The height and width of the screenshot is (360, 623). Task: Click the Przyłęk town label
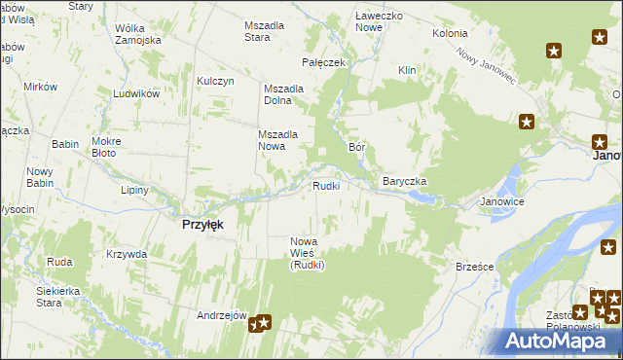pos(203,224)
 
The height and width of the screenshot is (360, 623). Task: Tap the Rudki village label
pos(325,186)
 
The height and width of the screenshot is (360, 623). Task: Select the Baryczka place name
pos(405,182)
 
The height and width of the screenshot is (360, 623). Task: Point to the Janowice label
pos(502,202)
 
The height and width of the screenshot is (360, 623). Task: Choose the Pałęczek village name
pos(324,62)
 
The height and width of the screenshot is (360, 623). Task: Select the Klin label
pos(407,70)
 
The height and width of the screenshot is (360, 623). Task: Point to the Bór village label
pos(356,147)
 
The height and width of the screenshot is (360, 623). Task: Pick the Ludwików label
pos(135,95)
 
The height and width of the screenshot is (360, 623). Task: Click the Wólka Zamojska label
pos(137,34)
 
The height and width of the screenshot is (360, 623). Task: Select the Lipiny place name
pos(135,190)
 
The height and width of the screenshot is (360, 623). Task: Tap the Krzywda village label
pos(127,254)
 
